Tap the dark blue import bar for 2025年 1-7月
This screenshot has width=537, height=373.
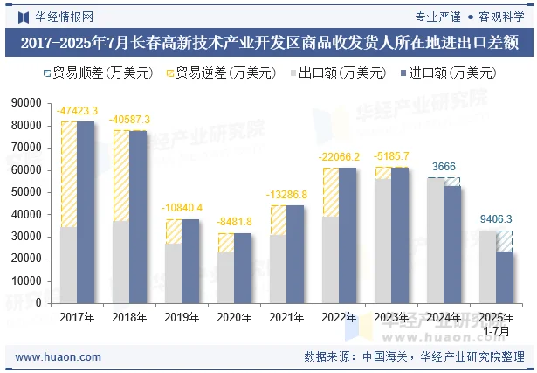click(x=505, y=277)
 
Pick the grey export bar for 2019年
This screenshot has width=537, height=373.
click(x=173, y=273)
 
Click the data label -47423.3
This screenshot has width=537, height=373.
click(x=77, y=111)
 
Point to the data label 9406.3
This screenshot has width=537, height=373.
click(x=496, y=220)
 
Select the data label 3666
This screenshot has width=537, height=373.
click(x=444, y=167)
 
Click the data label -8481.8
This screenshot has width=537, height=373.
click(x=234, y=222)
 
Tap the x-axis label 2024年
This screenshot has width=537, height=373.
click(x=444, y=317)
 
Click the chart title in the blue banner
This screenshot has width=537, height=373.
click(x=268, y=41)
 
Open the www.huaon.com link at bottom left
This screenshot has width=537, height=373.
click(x=59, y=357)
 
